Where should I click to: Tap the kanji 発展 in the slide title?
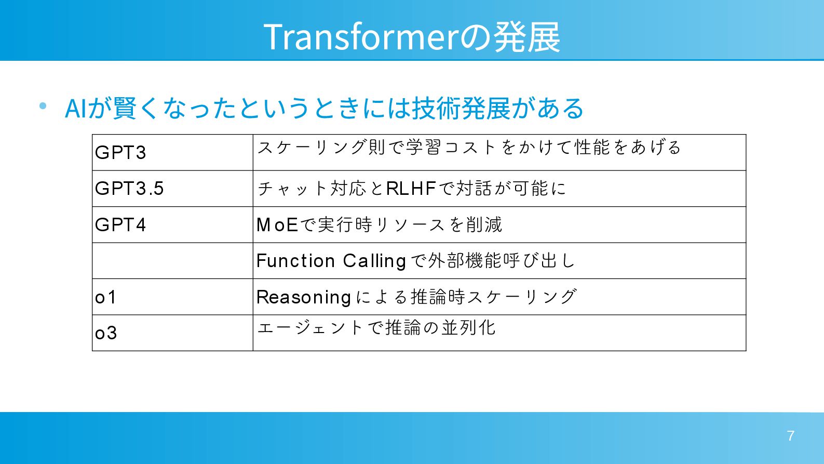pyautogui.click(x=526, y=37)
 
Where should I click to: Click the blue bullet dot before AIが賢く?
pyautogui.click(x=43, y=106)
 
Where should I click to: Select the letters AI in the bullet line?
pyautogui.click(x=75, y=109)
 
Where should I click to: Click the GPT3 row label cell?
pyautogui.click(x=120, y=153)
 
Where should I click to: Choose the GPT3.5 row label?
pyautogui.click(x=129, y=189)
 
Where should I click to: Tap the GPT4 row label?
pyautogui.click(x=120, y=225)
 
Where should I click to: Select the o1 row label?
pyautogui.click(x=105, y=297)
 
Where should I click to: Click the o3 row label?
pyautogui.click(x=106, y=333)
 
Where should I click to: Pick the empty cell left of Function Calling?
pyautogui.click(x=172, y=261)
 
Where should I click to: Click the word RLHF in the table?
pyautogui.click(x=411, y=189)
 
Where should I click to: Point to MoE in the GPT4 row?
pyautogui.click(x=277, y=225)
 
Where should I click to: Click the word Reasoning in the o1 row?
pyautogui.click(x=304, y=297)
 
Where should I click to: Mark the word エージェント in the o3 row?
pyautogui.click(x=309, y=328)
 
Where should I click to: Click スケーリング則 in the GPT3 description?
pyautogui.click(x=321, y=148)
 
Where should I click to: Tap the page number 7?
pyautogui.click(x=790, y=436)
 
